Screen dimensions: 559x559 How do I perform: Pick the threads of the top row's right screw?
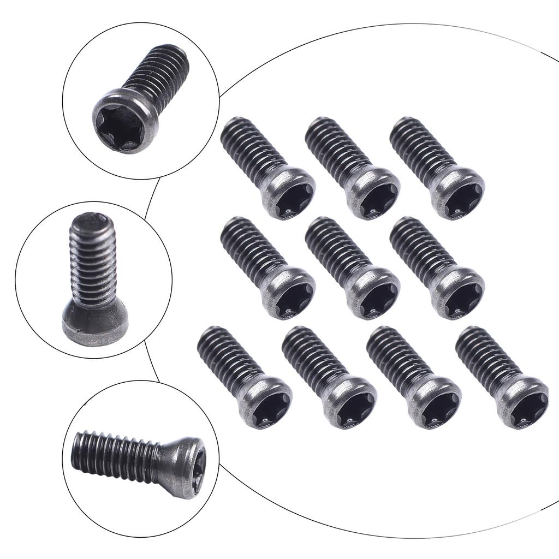[x=420, y=145]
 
